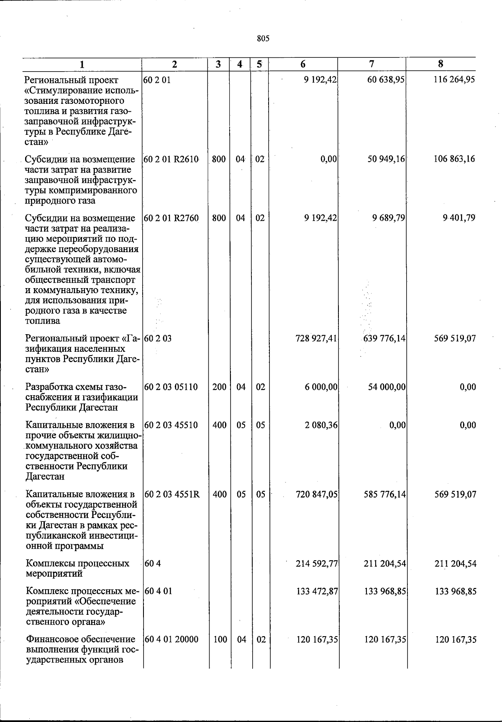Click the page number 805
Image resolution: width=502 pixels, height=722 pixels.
click(263, 39)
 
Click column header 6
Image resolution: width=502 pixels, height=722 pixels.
click(303, 64)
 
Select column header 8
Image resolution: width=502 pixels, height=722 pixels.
click(441, 64)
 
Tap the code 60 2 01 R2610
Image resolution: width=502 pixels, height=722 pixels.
click(171, 159)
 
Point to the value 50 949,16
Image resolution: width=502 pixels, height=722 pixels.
click(386, 159)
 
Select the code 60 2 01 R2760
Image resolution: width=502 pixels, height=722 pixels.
click(171, 218)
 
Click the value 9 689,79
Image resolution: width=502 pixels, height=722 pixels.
click(389, 218)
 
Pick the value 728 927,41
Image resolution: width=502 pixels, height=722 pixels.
click(316, 338)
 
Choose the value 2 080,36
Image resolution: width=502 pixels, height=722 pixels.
click(321, 425)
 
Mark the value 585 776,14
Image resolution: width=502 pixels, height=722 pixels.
click(384, 494)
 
